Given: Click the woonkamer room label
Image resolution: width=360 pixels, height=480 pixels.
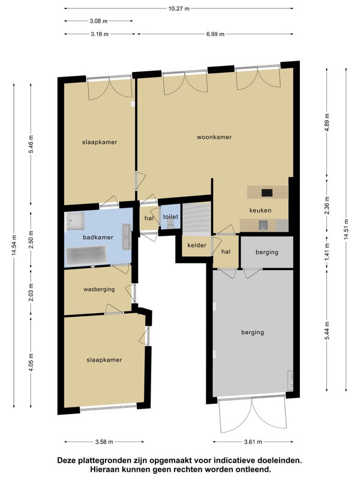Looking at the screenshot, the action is click(214, 137).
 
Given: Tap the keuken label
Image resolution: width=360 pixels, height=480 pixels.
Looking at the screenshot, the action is click(260, 211).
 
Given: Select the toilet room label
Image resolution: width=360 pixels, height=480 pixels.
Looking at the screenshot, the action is click(170, 217).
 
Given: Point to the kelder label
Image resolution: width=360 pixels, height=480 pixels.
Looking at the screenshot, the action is click(197, 245).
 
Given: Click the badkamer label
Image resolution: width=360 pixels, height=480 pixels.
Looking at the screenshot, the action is click(98, 237).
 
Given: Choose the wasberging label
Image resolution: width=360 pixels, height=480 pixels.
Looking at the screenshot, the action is click(99, 289).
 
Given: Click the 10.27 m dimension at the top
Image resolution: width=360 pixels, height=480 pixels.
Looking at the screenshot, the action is click(179, 8).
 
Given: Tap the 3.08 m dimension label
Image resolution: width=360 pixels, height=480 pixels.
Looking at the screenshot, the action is click(98, 21).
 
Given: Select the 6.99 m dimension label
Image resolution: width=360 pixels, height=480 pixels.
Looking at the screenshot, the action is click(215, 34).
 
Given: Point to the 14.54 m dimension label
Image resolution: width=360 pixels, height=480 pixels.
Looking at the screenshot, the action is click(14, 245).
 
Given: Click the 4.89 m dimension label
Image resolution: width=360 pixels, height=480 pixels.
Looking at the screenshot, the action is click(327, 122).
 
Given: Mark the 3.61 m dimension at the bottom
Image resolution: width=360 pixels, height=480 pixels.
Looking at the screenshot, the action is click(253, 442).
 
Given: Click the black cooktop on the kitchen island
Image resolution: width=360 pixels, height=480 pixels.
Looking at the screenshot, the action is click(267, 193).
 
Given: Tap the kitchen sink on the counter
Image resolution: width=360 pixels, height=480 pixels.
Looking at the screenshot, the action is click(263, 226).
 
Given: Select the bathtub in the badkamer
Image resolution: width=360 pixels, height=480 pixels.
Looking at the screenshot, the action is click(86, 255).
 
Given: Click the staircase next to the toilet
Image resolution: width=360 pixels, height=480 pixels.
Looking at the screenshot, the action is click(197, 218).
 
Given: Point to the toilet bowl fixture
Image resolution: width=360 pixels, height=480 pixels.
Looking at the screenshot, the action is click(170, 226).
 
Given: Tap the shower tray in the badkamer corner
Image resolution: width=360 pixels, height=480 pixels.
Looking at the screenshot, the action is click(76, 221).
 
